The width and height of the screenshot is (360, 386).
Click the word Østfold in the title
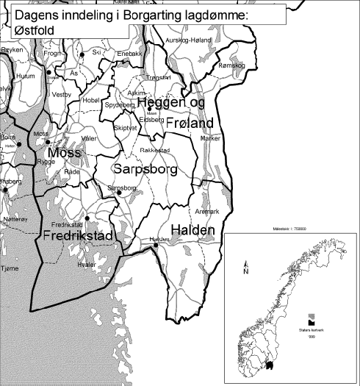pos(36,29)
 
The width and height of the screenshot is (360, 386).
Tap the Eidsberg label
pos(152,118)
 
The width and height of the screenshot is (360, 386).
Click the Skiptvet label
pos(126,127)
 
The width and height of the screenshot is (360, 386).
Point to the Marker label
pos(211,137)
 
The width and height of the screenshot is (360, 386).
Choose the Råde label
pos(72,172)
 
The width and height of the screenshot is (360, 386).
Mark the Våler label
pos(89,137)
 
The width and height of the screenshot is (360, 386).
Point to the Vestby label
pos(61,95)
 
